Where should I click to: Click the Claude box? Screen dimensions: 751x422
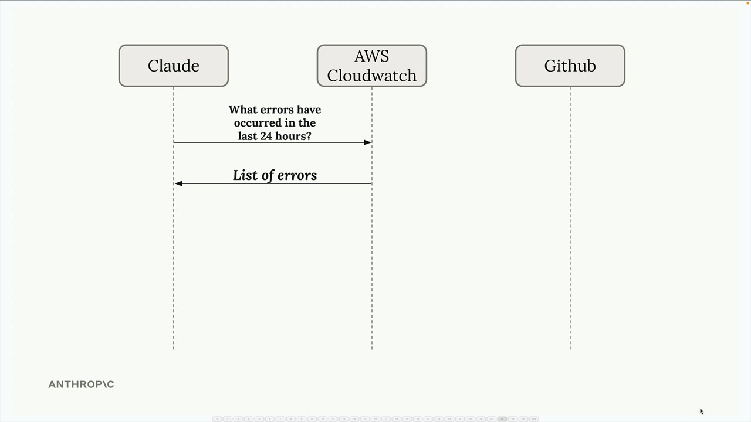[174, 66]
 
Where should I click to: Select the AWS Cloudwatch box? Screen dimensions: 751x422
[372, 66]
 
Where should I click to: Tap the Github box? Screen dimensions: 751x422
[570, 66]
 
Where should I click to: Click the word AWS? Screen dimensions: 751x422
[372, 56]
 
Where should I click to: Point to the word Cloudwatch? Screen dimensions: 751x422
[372, 76]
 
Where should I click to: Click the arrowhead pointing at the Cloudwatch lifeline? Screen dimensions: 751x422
[367, 142]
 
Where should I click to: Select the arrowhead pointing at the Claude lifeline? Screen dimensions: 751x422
[179, 183]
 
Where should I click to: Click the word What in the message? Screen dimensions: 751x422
[243, 110]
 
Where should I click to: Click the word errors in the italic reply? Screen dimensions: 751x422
[297, 175]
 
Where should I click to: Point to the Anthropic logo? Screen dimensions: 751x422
[81, 384]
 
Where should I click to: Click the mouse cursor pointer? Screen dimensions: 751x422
[702, 411]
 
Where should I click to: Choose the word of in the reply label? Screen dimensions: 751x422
[268, 175]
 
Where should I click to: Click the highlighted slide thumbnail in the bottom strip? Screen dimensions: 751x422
[502, 419]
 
